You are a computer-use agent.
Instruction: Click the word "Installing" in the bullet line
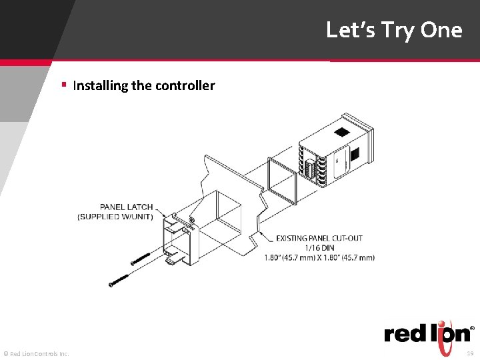pos(101,85)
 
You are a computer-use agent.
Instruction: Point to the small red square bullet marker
pos(63,85)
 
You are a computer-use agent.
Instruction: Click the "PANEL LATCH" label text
pos(126,207)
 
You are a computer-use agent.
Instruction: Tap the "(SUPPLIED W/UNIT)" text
pos(115,217)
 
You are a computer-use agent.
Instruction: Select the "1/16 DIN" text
pos(319,247)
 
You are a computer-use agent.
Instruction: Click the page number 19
pos(470,353)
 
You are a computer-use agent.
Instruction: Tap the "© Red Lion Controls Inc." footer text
pos(36,353)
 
